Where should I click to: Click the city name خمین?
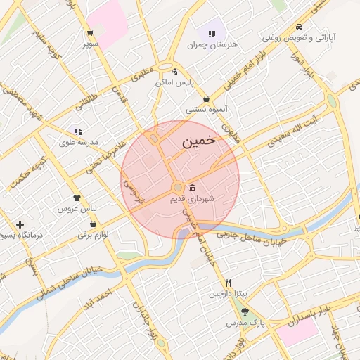click(198, 141)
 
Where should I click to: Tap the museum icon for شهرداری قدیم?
click(193, 187)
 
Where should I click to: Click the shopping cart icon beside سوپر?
click(90, 33)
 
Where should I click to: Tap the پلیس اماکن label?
click(173, 83)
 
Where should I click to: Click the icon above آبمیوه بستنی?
click(206, 98)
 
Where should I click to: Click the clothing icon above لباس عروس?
click(77, 198)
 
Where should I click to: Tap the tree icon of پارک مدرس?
click(245, 311)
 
